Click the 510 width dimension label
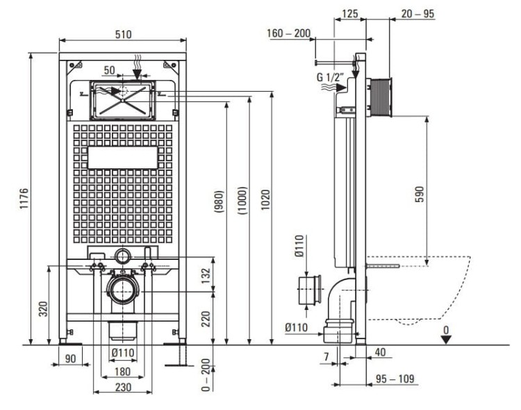point(123,34)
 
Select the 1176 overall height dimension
point(24,199)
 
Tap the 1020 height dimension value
point(265,199)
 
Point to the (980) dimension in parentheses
point(220,201)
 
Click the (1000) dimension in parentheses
point(242,201)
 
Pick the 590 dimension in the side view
point(420,194)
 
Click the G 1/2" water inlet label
point(329,77)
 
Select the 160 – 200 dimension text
point(289,33)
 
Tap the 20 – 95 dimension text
point(417,14)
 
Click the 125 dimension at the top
point(350,14)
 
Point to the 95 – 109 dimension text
point(395,379)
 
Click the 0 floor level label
point(446,330)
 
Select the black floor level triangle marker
point(446,340)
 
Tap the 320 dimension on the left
point(44,309)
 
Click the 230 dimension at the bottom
point(123,387)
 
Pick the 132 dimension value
point(206,275)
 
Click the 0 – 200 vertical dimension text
point(206,375)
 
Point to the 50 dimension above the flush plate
point(109,70)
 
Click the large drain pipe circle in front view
point(123,290)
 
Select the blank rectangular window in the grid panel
point(122,158)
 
